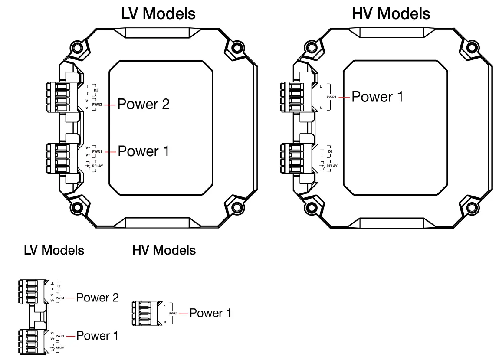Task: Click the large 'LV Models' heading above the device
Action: [158, 14]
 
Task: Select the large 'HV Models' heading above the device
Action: [391, 14]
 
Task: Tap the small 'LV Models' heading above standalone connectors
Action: [54, 250]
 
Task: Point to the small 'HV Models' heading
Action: [164, 250]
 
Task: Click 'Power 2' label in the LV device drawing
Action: [144, 105]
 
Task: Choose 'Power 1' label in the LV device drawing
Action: [144, 151]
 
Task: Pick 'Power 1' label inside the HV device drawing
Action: [378, 97]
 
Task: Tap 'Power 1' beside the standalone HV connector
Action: [210, 313]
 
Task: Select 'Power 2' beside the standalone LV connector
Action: [97, 298]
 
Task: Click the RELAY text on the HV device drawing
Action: [332, 166]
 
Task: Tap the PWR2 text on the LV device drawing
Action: [97, 105]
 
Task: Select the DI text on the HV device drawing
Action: [330, 151]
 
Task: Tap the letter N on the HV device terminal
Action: [321, 107]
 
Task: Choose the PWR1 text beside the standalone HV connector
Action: [173, 313]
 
